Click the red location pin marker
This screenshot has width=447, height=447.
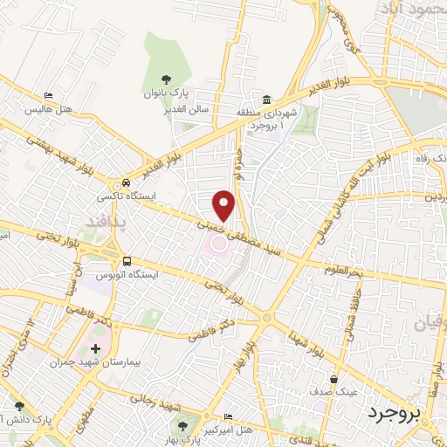pyautogui.click(x=224, y=203)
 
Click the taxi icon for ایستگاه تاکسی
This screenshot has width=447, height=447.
pyautogui.click(x=127, y=182)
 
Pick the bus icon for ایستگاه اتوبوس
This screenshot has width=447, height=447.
pyautogui.click(x=127, y=260)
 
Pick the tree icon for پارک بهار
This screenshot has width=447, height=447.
pyautogui.click(x=182, y=425)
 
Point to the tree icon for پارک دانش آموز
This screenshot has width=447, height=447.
pyautogui.click(x=19, y=406)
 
